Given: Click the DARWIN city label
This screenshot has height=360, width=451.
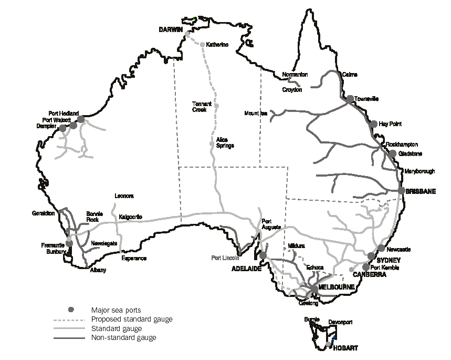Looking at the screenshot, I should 171,30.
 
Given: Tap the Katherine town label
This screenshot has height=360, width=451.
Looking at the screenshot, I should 217,45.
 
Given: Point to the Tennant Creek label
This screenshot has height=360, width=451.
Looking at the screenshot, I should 202,107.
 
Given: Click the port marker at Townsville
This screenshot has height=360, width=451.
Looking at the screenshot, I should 350,99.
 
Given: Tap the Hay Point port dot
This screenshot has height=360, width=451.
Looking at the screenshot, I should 374,124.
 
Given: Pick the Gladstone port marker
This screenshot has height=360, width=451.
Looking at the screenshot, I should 392,153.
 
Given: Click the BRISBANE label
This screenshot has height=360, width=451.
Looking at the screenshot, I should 421,192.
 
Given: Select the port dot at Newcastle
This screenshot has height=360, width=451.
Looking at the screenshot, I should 381,249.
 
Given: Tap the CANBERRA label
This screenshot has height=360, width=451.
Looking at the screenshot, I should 370,274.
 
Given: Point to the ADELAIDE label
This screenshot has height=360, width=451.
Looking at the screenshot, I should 247,268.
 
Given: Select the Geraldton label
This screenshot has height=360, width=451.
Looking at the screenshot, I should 43,213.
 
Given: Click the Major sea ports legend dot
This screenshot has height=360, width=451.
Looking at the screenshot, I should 69,311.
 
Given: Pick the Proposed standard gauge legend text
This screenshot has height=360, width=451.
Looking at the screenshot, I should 131,319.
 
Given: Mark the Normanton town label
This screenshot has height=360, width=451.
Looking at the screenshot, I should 295,75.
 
